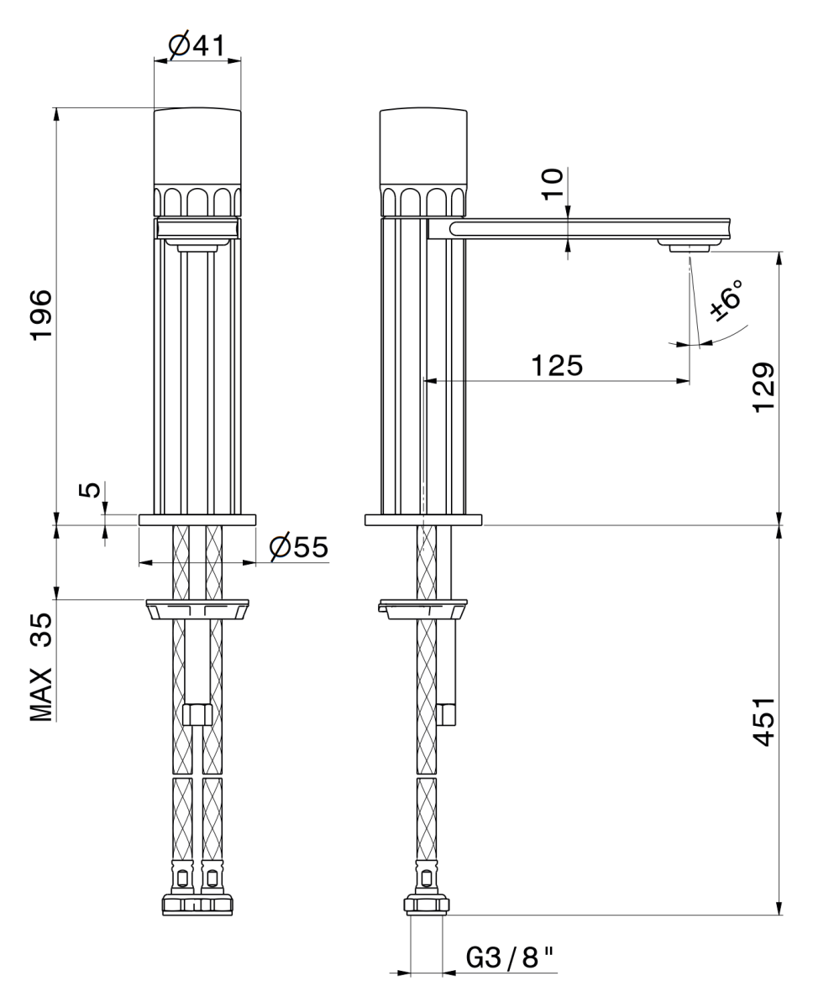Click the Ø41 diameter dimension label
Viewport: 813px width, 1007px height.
coord(197,45)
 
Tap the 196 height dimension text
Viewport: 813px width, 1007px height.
coord(41,315)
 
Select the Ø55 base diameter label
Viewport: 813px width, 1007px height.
coord(299,546)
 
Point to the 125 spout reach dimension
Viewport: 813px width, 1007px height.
coord(557,365)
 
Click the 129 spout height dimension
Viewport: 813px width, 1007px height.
coord(763,388)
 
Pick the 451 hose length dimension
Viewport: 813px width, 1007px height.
coord(763,722)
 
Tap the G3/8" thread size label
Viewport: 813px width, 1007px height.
coord(510,957)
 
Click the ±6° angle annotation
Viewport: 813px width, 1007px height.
coord(726,300)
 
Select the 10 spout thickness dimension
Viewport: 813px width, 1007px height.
coord(552,184)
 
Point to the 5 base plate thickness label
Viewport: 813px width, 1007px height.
coord(90,489)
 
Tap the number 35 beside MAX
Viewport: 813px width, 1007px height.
coord(41,629)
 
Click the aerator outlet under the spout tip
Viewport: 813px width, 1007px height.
coord(689,246)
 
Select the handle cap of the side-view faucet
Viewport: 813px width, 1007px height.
coord(423,147)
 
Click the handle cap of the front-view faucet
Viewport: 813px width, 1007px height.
coord(197,147)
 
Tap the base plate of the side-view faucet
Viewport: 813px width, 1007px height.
coord(423,520)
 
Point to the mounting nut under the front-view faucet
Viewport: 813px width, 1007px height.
coord(197,609)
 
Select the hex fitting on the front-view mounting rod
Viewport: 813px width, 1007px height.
coord(197,714)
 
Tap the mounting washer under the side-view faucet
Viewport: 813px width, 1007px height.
coord(423,609)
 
